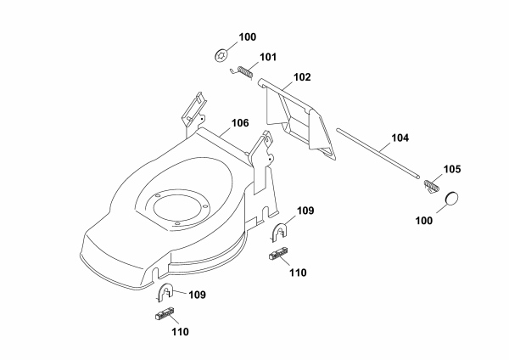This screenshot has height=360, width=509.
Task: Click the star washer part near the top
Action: pos(222,55)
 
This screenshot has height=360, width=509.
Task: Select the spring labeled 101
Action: pos(242,72)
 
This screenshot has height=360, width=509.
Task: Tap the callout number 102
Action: pos(302,77)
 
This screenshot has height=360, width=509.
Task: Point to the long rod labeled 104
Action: pos(378,153)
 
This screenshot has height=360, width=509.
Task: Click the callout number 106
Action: pos(240,123)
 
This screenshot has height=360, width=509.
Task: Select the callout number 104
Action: pos(400,138)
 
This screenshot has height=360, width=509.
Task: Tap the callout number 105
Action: pos(452,169)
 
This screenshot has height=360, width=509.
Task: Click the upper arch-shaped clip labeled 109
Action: pos(279,233)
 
